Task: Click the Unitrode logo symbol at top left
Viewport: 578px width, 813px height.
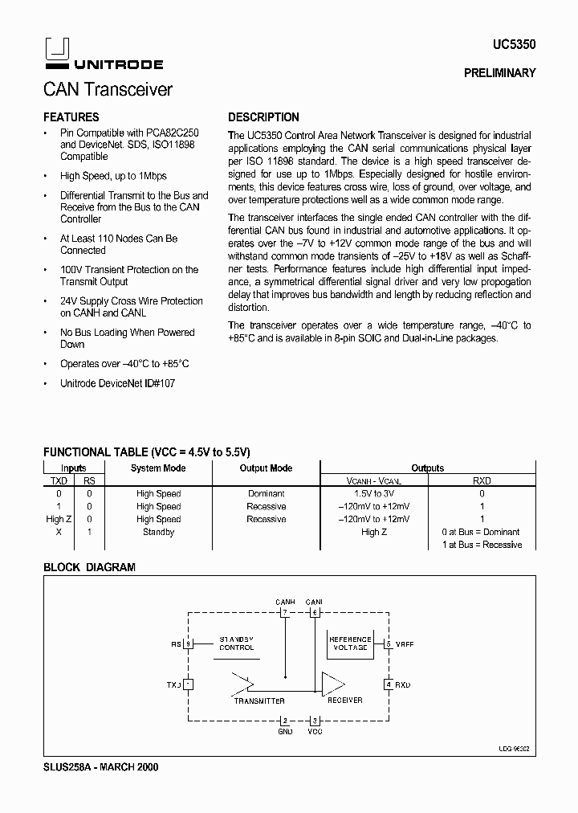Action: click(x=54, y=51)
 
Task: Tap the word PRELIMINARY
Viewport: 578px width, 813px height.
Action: click(x=499, y=73)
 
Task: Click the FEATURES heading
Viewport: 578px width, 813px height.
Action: click(x=71, y=117)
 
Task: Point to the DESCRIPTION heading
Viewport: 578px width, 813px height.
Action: click(x=263, y=117)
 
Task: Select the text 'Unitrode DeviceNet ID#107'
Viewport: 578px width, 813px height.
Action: click(x=117, y=384)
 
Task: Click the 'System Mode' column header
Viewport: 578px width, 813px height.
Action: click(x=158, y=468)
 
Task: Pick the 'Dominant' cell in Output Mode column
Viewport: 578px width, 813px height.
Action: click(x=266, y=494)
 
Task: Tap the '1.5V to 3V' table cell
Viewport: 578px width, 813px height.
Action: click(x=373, y=494)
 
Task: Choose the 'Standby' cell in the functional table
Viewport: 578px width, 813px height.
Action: click(x=158, y=532)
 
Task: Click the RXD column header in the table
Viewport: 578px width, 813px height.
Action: click(x=481, y=480)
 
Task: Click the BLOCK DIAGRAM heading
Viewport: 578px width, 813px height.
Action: click(x=89, y=567)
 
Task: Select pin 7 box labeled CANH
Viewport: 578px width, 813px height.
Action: click(x=284, y=612)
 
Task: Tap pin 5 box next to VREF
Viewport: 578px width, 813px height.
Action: click(x=389, y=643)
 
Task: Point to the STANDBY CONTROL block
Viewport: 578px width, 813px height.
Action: click(x=236, y=643)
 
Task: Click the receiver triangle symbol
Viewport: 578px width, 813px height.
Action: click(x=332, y=684)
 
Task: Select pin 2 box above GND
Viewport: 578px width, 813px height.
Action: click(x=284, y=721)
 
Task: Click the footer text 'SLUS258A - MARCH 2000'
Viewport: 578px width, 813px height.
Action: click(x=100, y=767)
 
